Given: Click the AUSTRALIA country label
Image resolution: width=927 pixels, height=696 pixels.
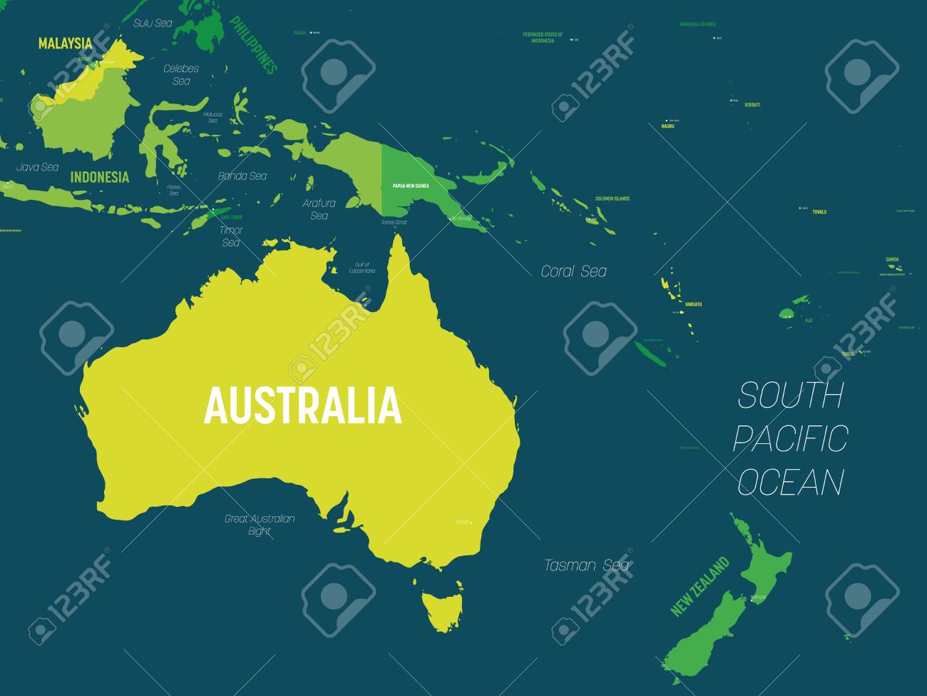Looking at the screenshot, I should pyautogui.click(x=302, y=405).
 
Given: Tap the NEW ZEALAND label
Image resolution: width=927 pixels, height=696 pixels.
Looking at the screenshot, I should pyautogui.click(x=700, y=586).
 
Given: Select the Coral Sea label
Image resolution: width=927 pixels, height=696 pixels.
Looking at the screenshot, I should pyautogui.click(x=573, y=271).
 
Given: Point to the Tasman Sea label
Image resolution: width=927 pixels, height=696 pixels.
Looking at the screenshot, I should pyautogui.click(x=587, y=565).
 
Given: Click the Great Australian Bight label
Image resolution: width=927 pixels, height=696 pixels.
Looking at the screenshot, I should pyautogui.click(x=260, y=525).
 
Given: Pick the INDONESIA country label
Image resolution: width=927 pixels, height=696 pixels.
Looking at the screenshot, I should pyautogui.click(x=100, y=177).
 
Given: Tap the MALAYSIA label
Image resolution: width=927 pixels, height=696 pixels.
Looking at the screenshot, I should pyautogui.click(x=65, y=44).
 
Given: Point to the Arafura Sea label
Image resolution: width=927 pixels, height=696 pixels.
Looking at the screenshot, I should pyautogui.click(x=319, y=209).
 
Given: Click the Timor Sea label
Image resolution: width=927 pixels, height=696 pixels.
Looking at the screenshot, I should pyautogui.click(x=231, y=236).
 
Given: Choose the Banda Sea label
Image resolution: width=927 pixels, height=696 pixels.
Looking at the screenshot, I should pyautogui.click(x=242, y=176).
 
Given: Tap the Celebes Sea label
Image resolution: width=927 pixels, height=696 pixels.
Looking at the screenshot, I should pyautogui.click(x=181, y=75).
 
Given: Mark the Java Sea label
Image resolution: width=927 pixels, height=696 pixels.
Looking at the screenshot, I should pyautogui.click(x=38, y=167).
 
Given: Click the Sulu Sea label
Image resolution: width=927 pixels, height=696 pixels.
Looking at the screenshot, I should pyautogui.click(x=153, y=23).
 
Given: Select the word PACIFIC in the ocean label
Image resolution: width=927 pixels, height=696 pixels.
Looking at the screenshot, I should pyautogui.click(x=790, y=438).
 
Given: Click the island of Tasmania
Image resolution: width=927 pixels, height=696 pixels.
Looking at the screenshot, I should pyautogui.click(x=442, y=607).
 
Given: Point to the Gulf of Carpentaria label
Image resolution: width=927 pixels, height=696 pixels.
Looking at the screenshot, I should pyautogui.click(x=362, y=268).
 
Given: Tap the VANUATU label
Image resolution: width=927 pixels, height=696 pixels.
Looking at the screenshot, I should pyautogui.click(x=693, y=305).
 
